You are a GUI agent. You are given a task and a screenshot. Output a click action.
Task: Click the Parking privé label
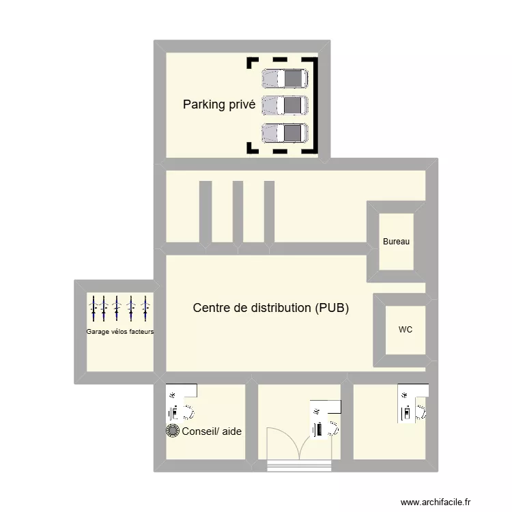(218, 104)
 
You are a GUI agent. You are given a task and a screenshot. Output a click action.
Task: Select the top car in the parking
(285, 79)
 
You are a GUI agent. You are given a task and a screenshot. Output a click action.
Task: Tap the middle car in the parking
(285, 105)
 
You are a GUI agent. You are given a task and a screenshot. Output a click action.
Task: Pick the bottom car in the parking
(285, 132)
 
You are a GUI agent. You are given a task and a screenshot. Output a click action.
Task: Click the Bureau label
(397, 242)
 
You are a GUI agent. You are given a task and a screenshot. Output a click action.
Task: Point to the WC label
(406, 330)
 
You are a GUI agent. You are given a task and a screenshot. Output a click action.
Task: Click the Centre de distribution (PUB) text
(271, 308)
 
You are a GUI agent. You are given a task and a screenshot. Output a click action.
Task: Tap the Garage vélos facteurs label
(120, 332)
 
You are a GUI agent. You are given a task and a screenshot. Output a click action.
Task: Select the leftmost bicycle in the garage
(94, 308)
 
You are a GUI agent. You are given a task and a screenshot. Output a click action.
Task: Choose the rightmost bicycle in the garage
(145, 308)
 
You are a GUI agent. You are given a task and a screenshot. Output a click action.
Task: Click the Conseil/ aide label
(212, 431)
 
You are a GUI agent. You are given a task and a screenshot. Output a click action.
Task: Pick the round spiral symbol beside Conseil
(173, 431)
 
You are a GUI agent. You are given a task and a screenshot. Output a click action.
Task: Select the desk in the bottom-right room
(413, 404)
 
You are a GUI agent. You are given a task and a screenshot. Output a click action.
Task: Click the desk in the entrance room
(325, 418)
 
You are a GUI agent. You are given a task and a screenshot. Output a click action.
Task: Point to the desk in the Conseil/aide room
(181, 402)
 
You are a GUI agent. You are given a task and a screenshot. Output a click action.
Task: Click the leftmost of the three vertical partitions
(204, 212)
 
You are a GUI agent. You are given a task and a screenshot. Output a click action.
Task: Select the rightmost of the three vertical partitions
(269, 212)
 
